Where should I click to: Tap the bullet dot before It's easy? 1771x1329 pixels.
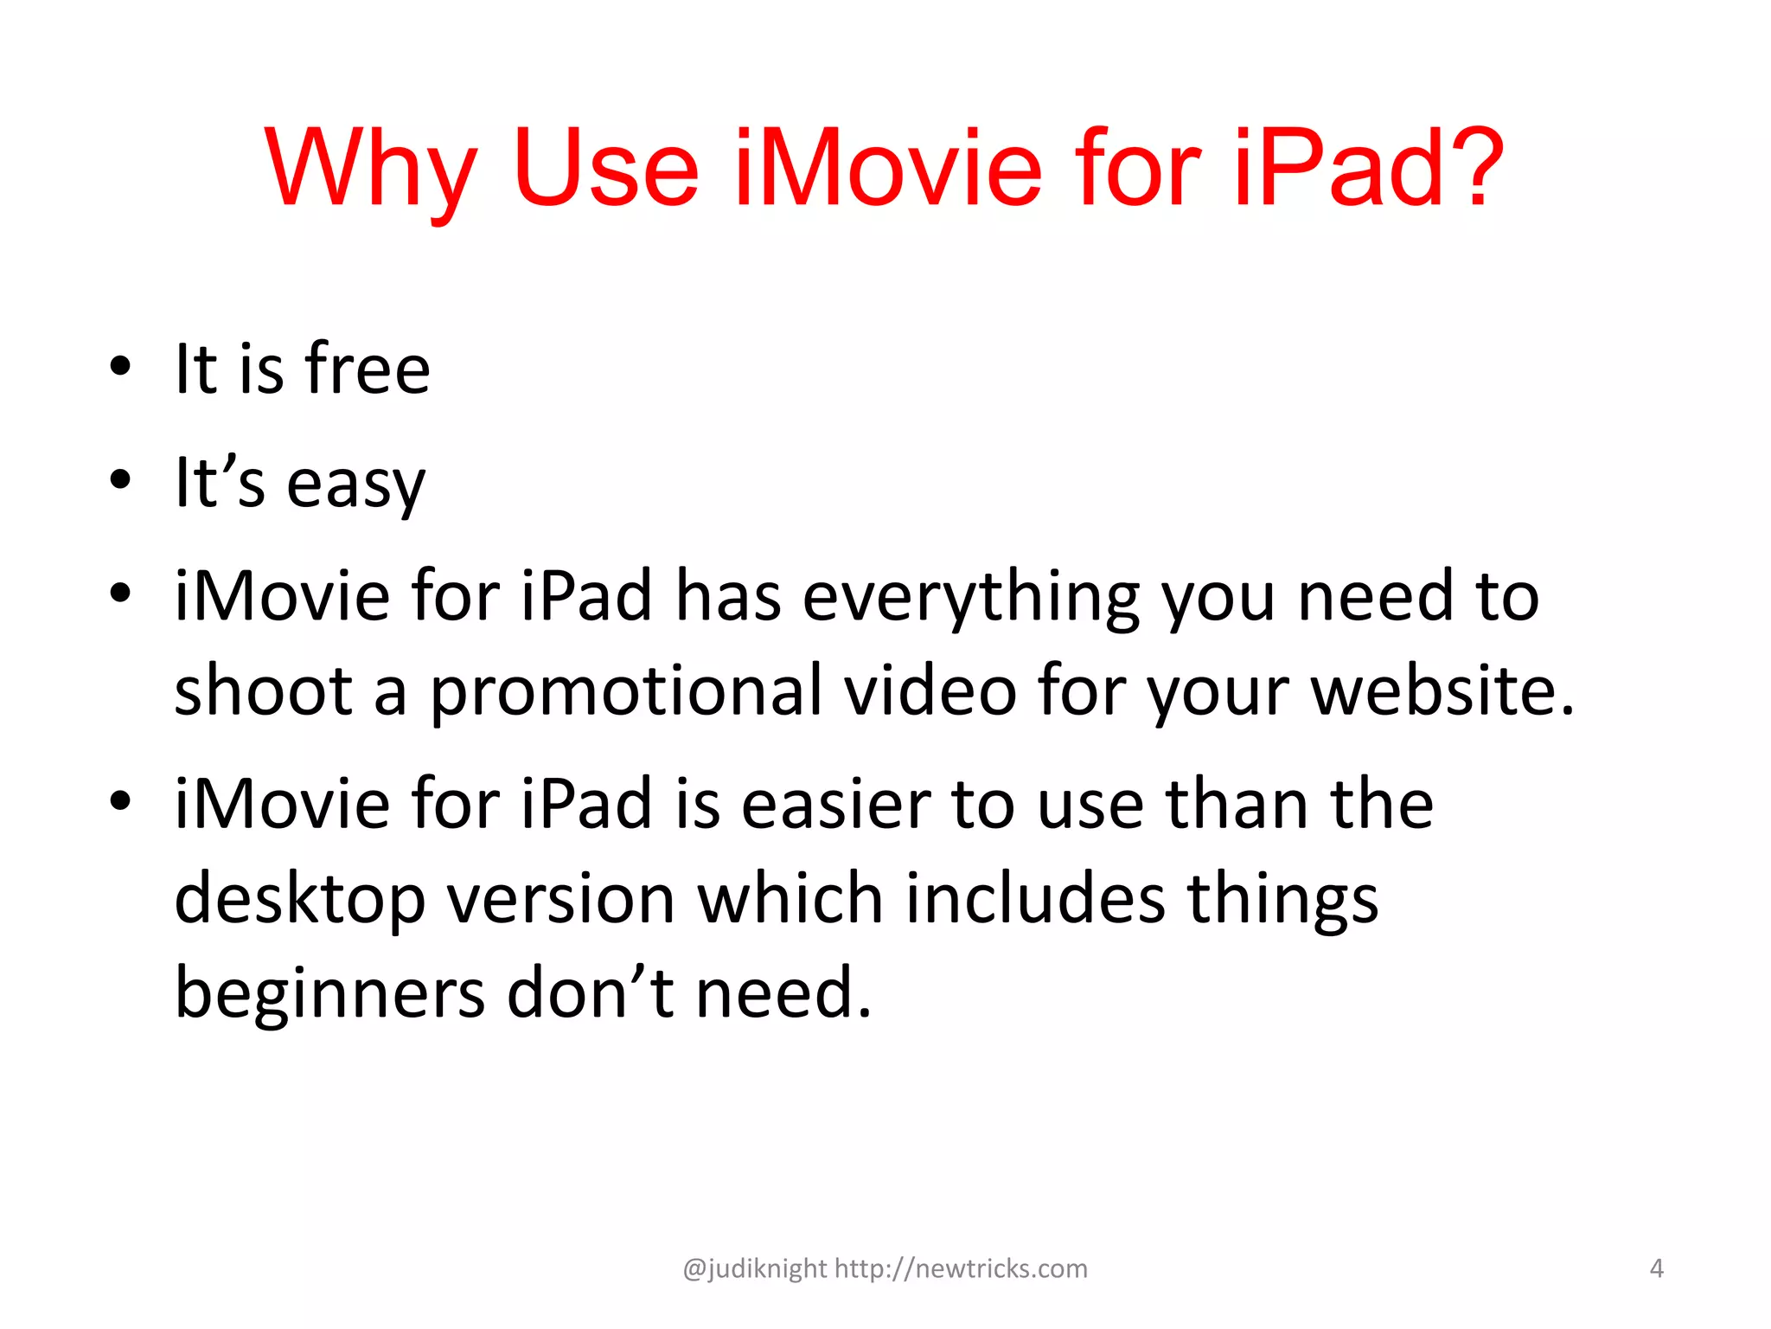(x=120, y=479)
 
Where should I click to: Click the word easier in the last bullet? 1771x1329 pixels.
(x=835, y=804)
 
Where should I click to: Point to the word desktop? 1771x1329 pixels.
(x=299, y=900)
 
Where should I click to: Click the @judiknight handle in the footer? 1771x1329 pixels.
(x=755, y=1268)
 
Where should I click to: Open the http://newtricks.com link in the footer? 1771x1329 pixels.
(x=961, y=1268)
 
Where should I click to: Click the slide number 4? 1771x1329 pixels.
(x=1656, y=1268)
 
